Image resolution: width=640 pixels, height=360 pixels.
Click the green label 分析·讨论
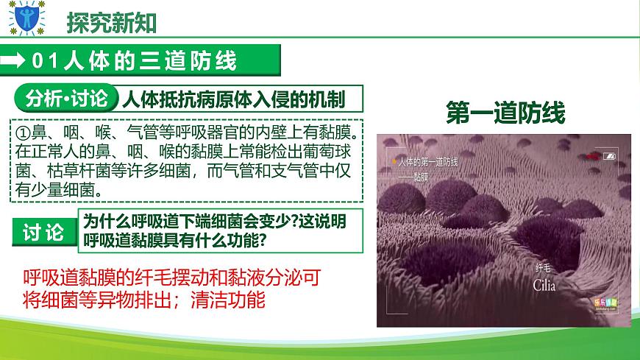(x=65, y=98)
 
